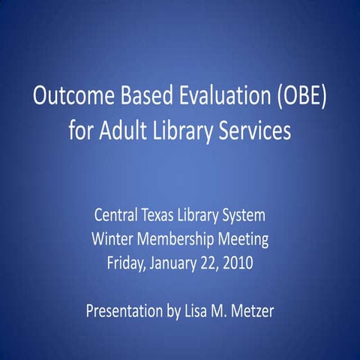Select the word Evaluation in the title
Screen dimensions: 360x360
tap(212, 99)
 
